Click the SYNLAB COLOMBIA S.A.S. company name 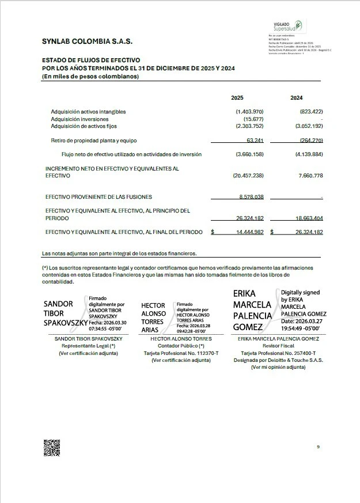pos(87,41)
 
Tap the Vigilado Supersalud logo pos(287,27)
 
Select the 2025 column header pos(237,98)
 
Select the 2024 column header pos(297,98)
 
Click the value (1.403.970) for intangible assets pos(249,111)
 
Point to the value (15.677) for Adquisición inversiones pos(253,119)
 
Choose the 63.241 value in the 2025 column pos(255,140)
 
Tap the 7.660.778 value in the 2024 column pos(310,175)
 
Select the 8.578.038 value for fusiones pos(251,196)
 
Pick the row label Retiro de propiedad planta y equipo pos(94,140)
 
